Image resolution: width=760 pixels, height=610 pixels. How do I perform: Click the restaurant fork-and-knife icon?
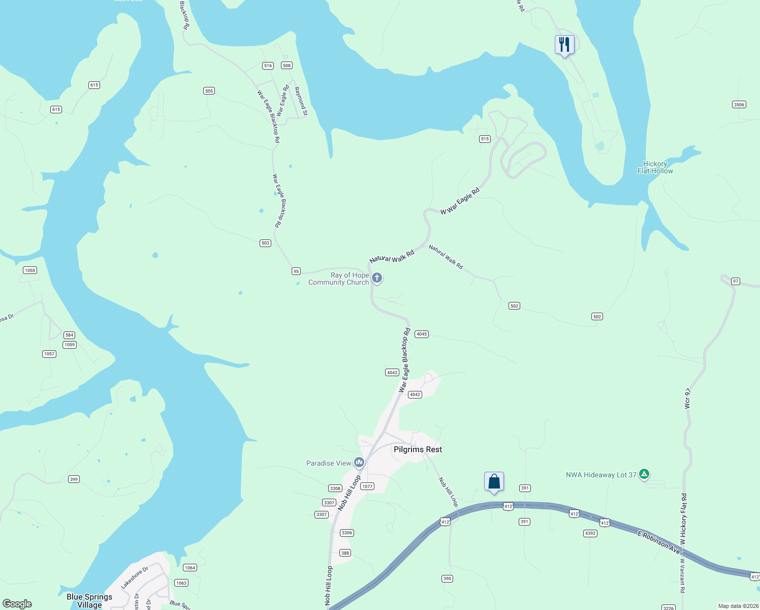pos(564,44)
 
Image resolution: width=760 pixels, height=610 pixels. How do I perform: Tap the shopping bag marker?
pos(494,481)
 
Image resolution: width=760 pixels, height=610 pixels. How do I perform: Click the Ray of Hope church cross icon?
pos(377,278)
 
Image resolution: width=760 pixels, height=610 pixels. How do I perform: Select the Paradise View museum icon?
pos(360,462)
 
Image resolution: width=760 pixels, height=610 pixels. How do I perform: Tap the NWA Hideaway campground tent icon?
pos(644,474)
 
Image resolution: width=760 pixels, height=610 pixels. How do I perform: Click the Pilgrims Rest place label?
pos(418,449)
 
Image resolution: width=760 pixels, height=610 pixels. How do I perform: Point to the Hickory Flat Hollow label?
pos(655,167)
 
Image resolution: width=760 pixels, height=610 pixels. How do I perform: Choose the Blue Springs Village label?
pos(89,601)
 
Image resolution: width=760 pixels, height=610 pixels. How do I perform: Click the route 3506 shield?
pos(739,105)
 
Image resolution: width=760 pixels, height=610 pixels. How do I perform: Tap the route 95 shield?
pos(296,271)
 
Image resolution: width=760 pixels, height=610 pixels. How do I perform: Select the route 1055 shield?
pos(30,270)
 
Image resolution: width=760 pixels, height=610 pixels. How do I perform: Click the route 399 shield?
pos(74,479)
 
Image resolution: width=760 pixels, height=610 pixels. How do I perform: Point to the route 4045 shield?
pos(422,334)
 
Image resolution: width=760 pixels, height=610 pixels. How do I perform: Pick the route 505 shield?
pos(209,91)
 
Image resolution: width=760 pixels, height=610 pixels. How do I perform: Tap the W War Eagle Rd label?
pos(460,201)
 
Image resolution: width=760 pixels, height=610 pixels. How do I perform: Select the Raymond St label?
pos(301,101)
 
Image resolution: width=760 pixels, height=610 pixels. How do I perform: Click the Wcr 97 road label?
pos(687,399)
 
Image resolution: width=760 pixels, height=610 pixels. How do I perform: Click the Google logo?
pos(17,604)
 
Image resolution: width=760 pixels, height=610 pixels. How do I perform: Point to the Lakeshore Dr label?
pos(135,577)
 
